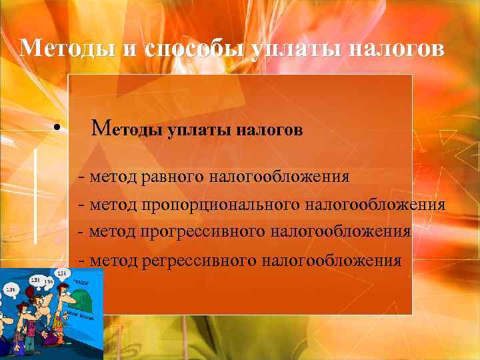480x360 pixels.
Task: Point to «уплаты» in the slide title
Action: click(x=286, y=48)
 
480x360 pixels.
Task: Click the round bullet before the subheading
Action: click(x=59, y=127)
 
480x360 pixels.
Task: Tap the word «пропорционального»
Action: click(x=220, y=204)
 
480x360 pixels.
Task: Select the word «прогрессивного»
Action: click(x=203, y=232)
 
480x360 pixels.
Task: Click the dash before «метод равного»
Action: click(x=81, y=178)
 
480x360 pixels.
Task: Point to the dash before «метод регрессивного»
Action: click(x=81, y=261)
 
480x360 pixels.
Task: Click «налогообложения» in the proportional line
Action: click(x=375, y=204)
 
